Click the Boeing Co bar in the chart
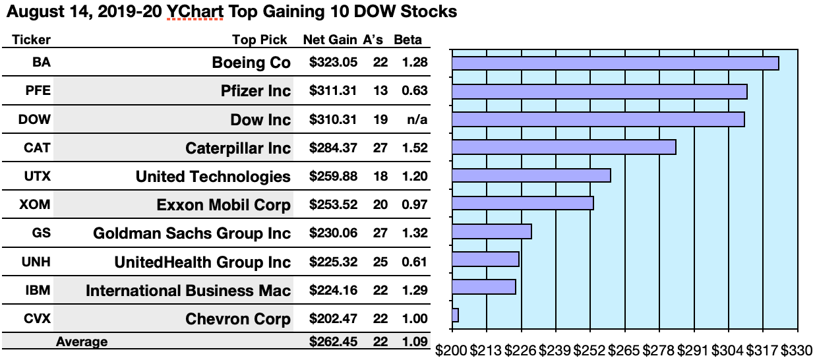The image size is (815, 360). pyautogui.click(x=615, y=63)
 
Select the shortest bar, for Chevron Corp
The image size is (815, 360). pyautogui.click(x=455, y=315)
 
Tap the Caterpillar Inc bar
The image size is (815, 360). pyautogui.click(x=564, y=147)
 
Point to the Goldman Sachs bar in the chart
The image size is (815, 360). pyautogui.click(x=492, y=231)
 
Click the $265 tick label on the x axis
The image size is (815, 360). pyautogui.click(x=624, y=349)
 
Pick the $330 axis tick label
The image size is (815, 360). pyautogui.click(x=797, y=349)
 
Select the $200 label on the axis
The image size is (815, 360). pyautogui.click(x=452, y=349)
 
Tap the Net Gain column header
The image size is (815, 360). pyautogui.click(x=330, y=40)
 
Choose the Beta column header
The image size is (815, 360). pyautogui.click(x=407, y=40)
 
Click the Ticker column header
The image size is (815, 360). pyautogui.click(x=31, y=40)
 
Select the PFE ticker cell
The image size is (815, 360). pyautogui.click(x=37, y=91)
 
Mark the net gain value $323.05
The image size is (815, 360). pyautogui.click(x=333, y=63)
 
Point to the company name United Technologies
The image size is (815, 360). pyautogui.click(x=213, y=176)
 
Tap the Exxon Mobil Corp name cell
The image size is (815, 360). pyautogui.click(x=224, y=205)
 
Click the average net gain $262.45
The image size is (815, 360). pyautogui.click(x=333, y=342)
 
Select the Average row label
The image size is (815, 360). pyautogui.click(x=82, y=342)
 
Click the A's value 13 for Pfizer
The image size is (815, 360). pyautogui.click(x=380, y=91)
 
